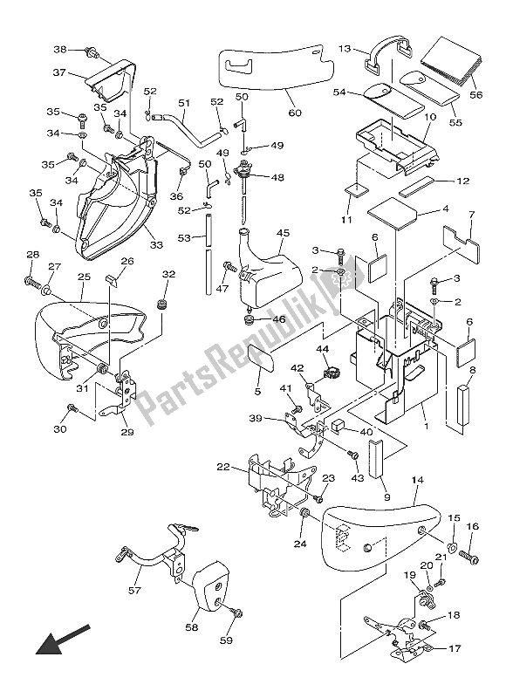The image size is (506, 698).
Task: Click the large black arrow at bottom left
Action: coord(63,640)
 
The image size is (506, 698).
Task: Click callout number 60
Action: coord(295,113)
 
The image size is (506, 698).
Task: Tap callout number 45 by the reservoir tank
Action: coord(283,233)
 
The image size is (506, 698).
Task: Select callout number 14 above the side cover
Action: coord(418,481)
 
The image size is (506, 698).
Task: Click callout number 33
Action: coord(156,244)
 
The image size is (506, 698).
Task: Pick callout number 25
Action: coord(84,277)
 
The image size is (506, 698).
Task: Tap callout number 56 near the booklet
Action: coord(476,95)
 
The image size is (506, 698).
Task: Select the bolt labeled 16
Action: coord(467,557)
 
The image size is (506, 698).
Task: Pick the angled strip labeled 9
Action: coord(377,457)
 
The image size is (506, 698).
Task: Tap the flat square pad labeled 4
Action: coord(392,214)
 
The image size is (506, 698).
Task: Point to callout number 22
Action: coord(223,467)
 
